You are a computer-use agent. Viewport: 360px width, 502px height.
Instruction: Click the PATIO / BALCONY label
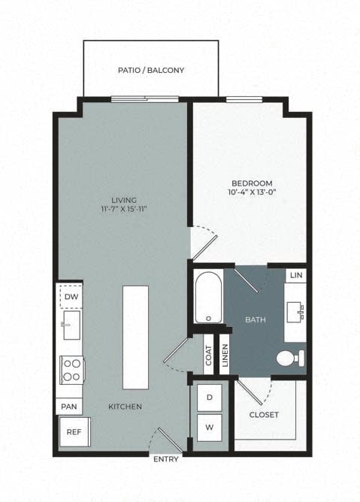(x=151, y=70)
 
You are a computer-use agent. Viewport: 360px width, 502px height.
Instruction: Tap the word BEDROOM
(x=251, y=183)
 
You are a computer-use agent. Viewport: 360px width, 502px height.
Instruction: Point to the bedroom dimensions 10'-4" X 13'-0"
(x=251, y=193)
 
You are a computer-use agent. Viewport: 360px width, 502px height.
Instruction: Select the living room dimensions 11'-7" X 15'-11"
(x=123, y=209)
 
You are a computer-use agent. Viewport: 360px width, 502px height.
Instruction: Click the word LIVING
(x=123, y=199)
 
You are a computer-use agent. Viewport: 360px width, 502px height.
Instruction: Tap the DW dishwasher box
(x=71, y=296)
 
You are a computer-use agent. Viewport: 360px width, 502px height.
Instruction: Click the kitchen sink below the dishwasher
(x=71, y=325)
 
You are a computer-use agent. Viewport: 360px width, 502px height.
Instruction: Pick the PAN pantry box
(x=68, y=407)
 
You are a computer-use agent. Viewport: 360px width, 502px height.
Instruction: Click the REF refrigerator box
(x=74, y=434)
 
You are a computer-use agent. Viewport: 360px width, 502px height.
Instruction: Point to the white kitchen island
(x=137, y=337)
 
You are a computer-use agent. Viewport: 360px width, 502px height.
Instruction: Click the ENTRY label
(x=165, y=458)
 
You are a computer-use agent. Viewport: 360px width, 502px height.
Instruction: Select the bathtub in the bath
(x=207, y=298)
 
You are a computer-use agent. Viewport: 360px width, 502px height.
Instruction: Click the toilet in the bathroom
(x=291, y=358)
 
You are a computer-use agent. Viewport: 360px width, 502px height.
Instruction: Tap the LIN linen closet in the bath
(x=296, y=276)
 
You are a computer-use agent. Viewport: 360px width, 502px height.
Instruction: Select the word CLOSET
(x=264, y=415)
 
